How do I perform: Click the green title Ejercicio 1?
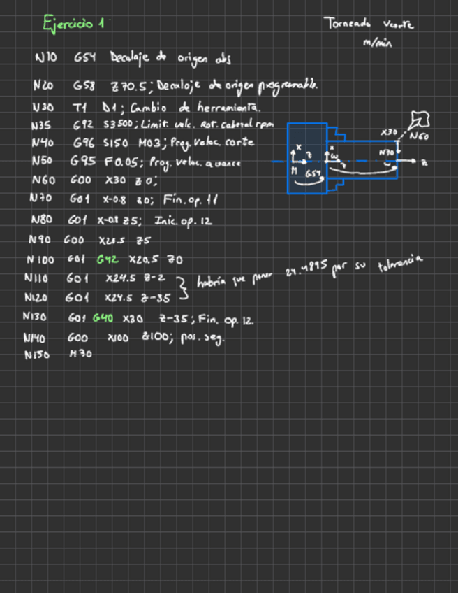(73, 24)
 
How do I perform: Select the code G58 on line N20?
(83, 86)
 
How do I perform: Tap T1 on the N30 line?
(78, 108)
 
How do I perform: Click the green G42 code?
(107, 259)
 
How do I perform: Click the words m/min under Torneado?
(378, 43)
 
